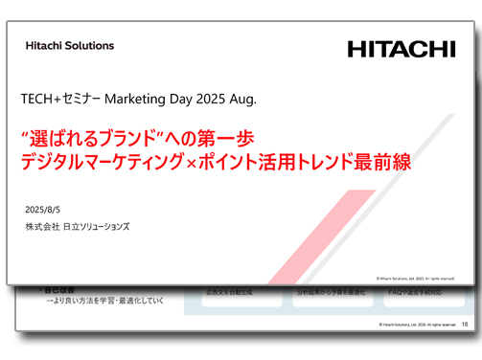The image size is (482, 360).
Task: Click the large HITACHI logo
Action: tap(401, 49)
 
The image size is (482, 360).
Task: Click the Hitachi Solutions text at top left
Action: tap(70, 45)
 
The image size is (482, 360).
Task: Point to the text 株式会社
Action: tap(42, 227)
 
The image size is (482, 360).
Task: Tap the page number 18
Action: tap(465, 325)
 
